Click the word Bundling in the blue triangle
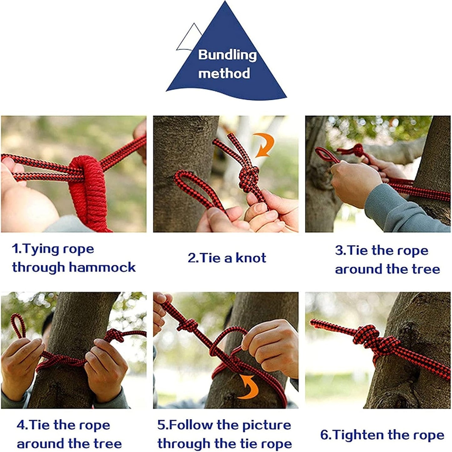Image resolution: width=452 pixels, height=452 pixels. pos(227,55)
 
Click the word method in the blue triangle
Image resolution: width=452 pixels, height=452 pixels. pos(224,74)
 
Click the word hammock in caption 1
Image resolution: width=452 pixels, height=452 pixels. pos(102,268)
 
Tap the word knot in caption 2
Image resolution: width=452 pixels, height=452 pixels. pos(251,258)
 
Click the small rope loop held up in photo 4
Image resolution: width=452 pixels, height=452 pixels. pos(18,326)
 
